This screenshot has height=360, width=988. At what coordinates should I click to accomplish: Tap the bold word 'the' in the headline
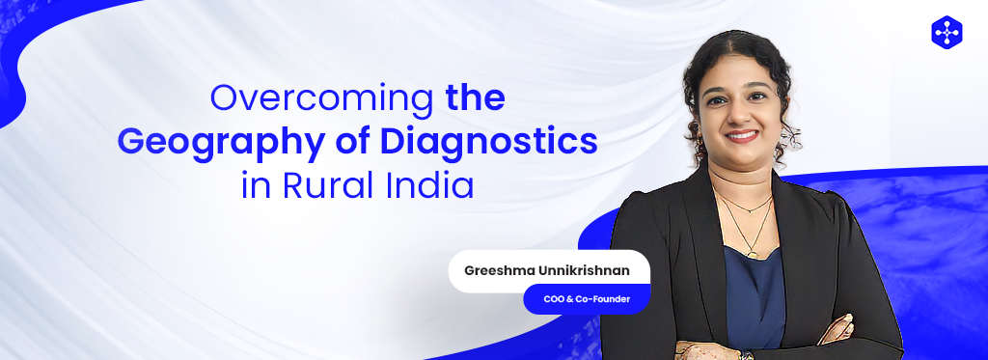click(x=475, y=98)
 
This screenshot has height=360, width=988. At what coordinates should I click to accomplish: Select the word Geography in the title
click(x=202, y=143)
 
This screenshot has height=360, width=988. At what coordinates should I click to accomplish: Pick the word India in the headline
click(x=431, y=184)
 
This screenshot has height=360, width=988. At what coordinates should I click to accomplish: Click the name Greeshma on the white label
click(x=501, y=270)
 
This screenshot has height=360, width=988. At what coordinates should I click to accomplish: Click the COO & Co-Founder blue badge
click(x=586, y=299)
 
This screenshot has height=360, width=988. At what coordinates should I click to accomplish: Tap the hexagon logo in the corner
click(x=947, y=32)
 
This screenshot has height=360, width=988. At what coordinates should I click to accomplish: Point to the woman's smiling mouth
click(x=743, y=136)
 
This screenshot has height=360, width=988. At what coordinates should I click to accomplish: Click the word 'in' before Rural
click(x=255, y=184)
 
